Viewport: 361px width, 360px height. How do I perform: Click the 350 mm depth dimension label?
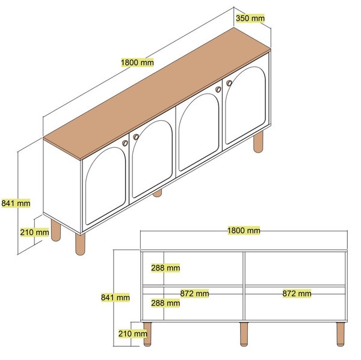250,18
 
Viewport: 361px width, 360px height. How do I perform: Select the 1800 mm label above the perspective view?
137,63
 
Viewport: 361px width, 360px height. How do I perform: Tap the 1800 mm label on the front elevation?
244,231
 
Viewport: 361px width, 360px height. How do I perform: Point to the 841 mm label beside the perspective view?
16,203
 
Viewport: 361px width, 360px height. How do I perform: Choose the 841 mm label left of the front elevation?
116,297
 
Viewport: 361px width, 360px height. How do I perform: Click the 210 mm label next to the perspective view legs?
34,233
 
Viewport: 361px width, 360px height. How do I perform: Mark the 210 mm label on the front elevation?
133,334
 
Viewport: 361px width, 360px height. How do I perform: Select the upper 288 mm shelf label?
165,268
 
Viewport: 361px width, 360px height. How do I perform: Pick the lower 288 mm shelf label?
165,303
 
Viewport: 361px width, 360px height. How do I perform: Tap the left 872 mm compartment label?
194,293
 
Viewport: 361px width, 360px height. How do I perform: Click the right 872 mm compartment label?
297,293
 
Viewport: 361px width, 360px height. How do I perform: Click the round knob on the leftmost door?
125,143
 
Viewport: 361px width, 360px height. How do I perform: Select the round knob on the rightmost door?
229,84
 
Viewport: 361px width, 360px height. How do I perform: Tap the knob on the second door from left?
136,137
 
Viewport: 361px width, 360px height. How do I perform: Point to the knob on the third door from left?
218,90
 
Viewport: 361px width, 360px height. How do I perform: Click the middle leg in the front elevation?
244,334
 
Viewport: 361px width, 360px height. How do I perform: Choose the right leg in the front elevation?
341,334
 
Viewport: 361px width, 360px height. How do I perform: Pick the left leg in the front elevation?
147,334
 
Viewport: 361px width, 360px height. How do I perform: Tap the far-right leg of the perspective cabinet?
258,141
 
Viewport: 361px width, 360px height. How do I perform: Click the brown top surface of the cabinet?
157,94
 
